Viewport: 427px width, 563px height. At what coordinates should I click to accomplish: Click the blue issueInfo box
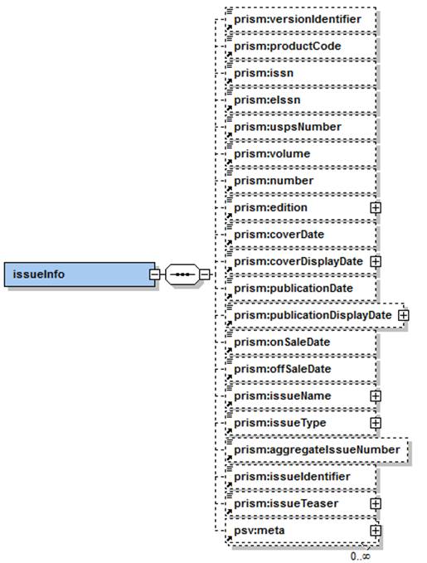pyautogui.click(x=80, y=274)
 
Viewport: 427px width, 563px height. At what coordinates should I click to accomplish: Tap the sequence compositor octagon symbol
pyautogui.click(x=182, y=274)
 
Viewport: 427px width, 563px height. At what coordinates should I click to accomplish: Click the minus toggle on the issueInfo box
pyautogui.click(x=154, y=274)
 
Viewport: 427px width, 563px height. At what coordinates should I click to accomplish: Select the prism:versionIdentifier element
pyautogui.click(x=301, y=19)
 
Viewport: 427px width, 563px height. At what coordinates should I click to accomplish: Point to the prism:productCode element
pyautogui.click(x=301, y=46)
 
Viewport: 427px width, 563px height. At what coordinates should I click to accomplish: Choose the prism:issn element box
pyautogui.click(x=301, y=73)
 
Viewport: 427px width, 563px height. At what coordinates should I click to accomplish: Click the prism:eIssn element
pyautogui.click(x=301, y=100)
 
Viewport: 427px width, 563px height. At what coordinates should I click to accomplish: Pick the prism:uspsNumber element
pyautogui.click(x=301, y=127)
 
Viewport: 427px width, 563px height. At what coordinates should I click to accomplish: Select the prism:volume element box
pyautogui.click(x=301, y=154)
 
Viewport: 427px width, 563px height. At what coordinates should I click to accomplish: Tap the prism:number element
pyautogui.click(x=301, y=181)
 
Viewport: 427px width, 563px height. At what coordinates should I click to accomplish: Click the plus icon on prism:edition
pyautogui.click(x=376, y=208)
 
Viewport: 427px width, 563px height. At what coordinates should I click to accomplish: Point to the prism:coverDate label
pyautogui.click(x=279, y=235)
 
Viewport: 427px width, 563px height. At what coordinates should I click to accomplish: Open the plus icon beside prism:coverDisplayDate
pyautogui.click(x=376, y=262)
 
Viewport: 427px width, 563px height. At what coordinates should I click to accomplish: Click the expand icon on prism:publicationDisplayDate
pyautogui.click(x=404, y=315)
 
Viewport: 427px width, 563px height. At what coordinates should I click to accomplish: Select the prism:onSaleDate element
pyautogui.click(x=301, y=342)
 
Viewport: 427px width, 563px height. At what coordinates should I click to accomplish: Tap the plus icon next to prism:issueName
pyautogui.click(x=376, y=396)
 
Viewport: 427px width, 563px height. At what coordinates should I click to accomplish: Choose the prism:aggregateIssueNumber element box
pyautogui.click(x=317, y=450)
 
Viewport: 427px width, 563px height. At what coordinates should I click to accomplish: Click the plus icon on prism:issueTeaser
pyautogui.click(x=376, y=504)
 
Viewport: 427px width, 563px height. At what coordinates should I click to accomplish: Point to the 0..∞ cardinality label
pyautogui.click(x=360, y=556)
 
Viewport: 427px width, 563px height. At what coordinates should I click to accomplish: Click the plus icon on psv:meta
pyautogui.click(x=376, y=531)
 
